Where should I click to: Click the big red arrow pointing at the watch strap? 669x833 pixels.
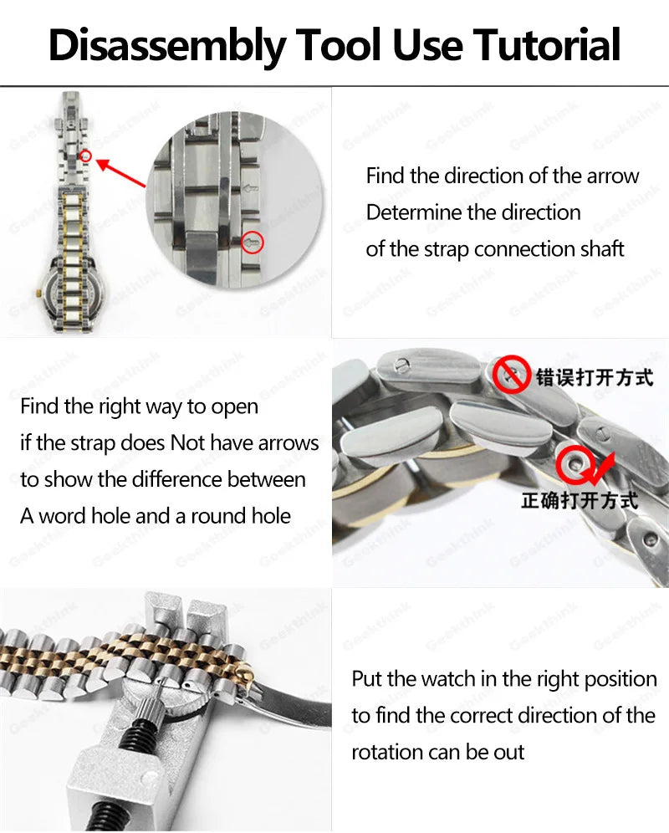click(x=121, y=172)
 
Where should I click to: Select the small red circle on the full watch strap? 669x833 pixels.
click(x=86, y=156)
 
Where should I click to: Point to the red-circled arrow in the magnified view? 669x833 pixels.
click(x=253, y=243)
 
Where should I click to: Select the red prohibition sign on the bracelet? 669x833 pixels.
click(x=511, y=374)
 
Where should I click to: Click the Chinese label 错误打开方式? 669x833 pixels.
click(x=594, y=377)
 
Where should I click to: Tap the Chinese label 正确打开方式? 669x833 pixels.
click(x=580, y=500)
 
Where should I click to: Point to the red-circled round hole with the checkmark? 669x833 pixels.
click(x=574, y=465)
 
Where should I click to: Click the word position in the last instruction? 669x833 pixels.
click(x=620, y=680)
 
